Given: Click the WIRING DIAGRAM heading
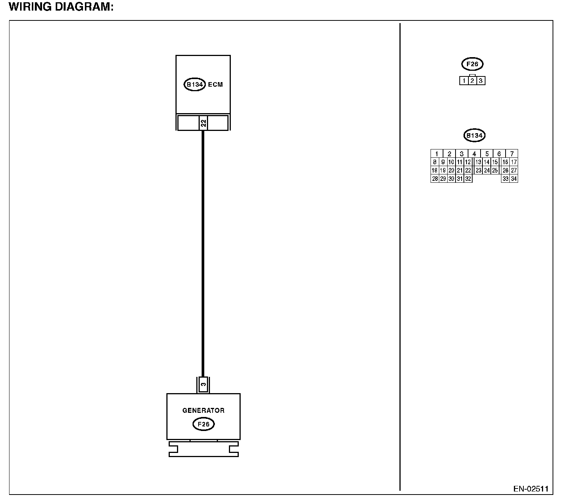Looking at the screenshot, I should [x=61, y=7].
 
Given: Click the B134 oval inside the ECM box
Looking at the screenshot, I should [x=195, y=84].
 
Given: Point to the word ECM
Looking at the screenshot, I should [x=215, y=84].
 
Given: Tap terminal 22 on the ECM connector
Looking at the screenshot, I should [x=203, y=123].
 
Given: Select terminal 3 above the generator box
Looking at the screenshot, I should [x=203, y=384].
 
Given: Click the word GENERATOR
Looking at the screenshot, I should [x=203, y=410].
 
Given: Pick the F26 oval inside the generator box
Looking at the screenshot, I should [x=204, y=424].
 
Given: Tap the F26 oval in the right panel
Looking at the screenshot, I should [x=472, y=64].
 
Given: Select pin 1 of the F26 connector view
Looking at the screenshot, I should [x=464, y=81].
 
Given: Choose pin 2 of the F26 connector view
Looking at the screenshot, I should [x=472, y=81].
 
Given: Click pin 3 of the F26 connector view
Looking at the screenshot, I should [x=481, y=81].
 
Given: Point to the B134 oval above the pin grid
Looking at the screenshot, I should [x=474, y=135].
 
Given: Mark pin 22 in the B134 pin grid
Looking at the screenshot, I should [x=468, y=170].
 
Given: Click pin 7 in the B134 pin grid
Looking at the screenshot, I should [x=512, y=154].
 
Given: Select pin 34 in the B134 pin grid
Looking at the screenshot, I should [x=514, y=179].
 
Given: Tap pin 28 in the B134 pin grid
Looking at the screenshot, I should [x=435, y=179].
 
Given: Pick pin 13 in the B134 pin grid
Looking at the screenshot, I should [x=478, y=162].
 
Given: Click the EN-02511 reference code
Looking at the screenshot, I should [x=531, y=489].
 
